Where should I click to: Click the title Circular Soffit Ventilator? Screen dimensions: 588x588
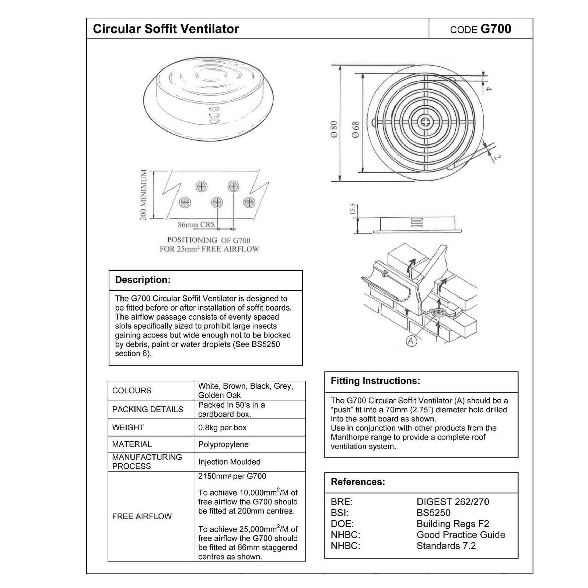pyautogui.click(x=166, y=29)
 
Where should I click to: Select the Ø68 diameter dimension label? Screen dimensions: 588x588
pyautogui.click(x=356, y=130)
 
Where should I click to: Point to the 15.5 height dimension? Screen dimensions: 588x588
pyautogui.click(x=353, y=209)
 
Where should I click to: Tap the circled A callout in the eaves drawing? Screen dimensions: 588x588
pyautogui.click(x=412, y=341)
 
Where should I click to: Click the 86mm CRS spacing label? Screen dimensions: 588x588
pyautogui.click(x=196, y=224)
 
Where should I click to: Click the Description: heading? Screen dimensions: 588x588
pyautogui.click(x=143, y=280)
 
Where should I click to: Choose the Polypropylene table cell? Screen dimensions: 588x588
pyautogui.click(x=223, y=444)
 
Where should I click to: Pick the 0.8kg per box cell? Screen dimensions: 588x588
pyautogui.click(x=222, y=428)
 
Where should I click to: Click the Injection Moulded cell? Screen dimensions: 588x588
pyautogui.click(x=229, y=462)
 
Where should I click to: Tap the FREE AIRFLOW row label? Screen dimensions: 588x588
pyautogui.click(x=142, y=516)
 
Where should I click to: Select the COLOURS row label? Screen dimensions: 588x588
pyautogui.click(x=132, y=391)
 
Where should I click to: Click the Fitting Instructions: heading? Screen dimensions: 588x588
pyautogui.click(x=375, y=381)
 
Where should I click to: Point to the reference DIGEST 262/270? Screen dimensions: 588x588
pyautogui.click(x=452, y=502)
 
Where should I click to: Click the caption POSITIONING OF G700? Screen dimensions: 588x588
pyautogui.click(x=209, y=240)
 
